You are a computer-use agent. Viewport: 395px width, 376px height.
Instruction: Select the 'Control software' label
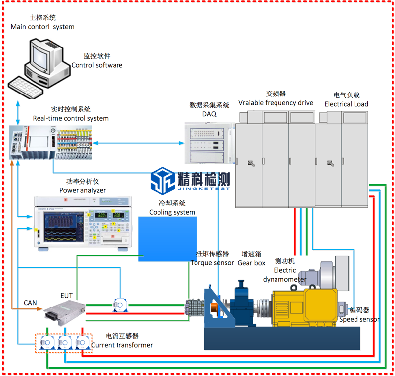97,65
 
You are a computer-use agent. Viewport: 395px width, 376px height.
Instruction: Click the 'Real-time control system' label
71,118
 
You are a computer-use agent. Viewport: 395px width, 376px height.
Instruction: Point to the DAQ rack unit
209,142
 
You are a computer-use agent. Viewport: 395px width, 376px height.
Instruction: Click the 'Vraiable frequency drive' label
276,103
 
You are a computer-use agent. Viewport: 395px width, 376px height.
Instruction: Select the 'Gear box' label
253,263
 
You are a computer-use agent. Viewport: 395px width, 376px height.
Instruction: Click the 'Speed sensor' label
359,319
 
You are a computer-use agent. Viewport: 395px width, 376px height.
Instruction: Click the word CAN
30,302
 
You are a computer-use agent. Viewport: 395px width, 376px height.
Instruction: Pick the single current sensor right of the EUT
120,305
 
